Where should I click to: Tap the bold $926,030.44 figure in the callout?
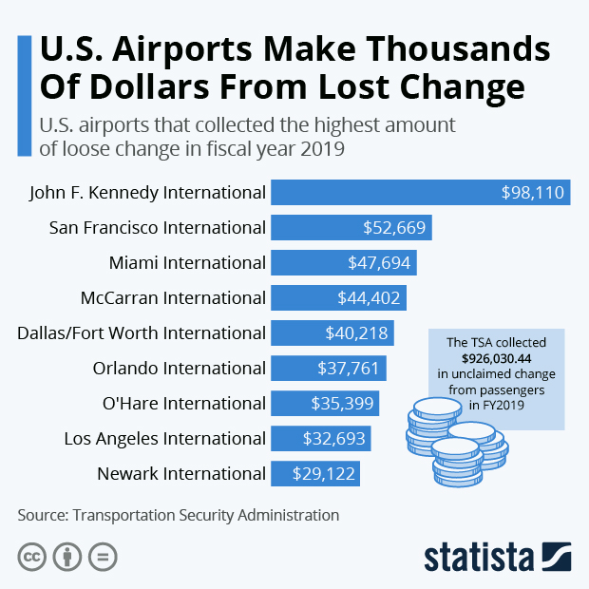coord(496,358)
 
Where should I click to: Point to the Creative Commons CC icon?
coord(31,557)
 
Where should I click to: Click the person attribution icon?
coord(67,557)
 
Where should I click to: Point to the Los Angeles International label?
coord(164,438)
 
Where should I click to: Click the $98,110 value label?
coord(533,192)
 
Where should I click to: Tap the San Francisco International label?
coord(157,227)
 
